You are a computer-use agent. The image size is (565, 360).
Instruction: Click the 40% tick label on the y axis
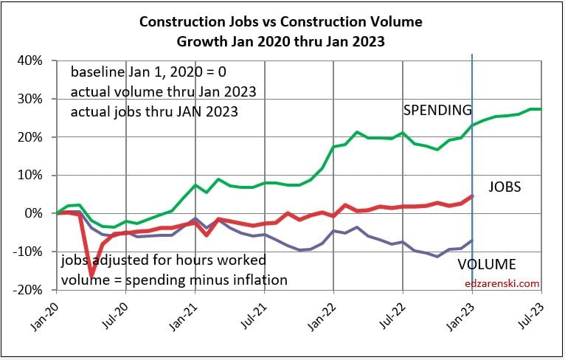(33, 60)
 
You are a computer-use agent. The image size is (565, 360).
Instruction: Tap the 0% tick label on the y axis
(37, 214)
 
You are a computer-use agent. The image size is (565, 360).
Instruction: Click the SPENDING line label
(437, 111)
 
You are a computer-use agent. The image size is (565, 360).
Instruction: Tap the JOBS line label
(505, 187)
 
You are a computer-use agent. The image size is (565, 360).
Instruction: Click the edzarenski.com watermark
(502, 283)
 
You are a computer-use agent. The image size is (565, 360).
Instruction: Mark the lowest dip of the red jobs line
(92, 276)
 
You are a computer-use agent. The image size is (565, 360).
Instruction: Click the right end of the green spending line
(541, 109)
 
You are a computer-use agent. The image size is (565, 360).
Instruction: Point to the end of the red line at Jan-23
(472, 196)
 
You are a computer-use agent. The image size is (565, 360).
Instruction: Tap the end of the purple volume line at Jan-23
(472, 240)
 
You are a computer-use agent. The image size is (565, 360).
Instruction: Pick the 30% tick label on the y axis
(33, 99)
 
